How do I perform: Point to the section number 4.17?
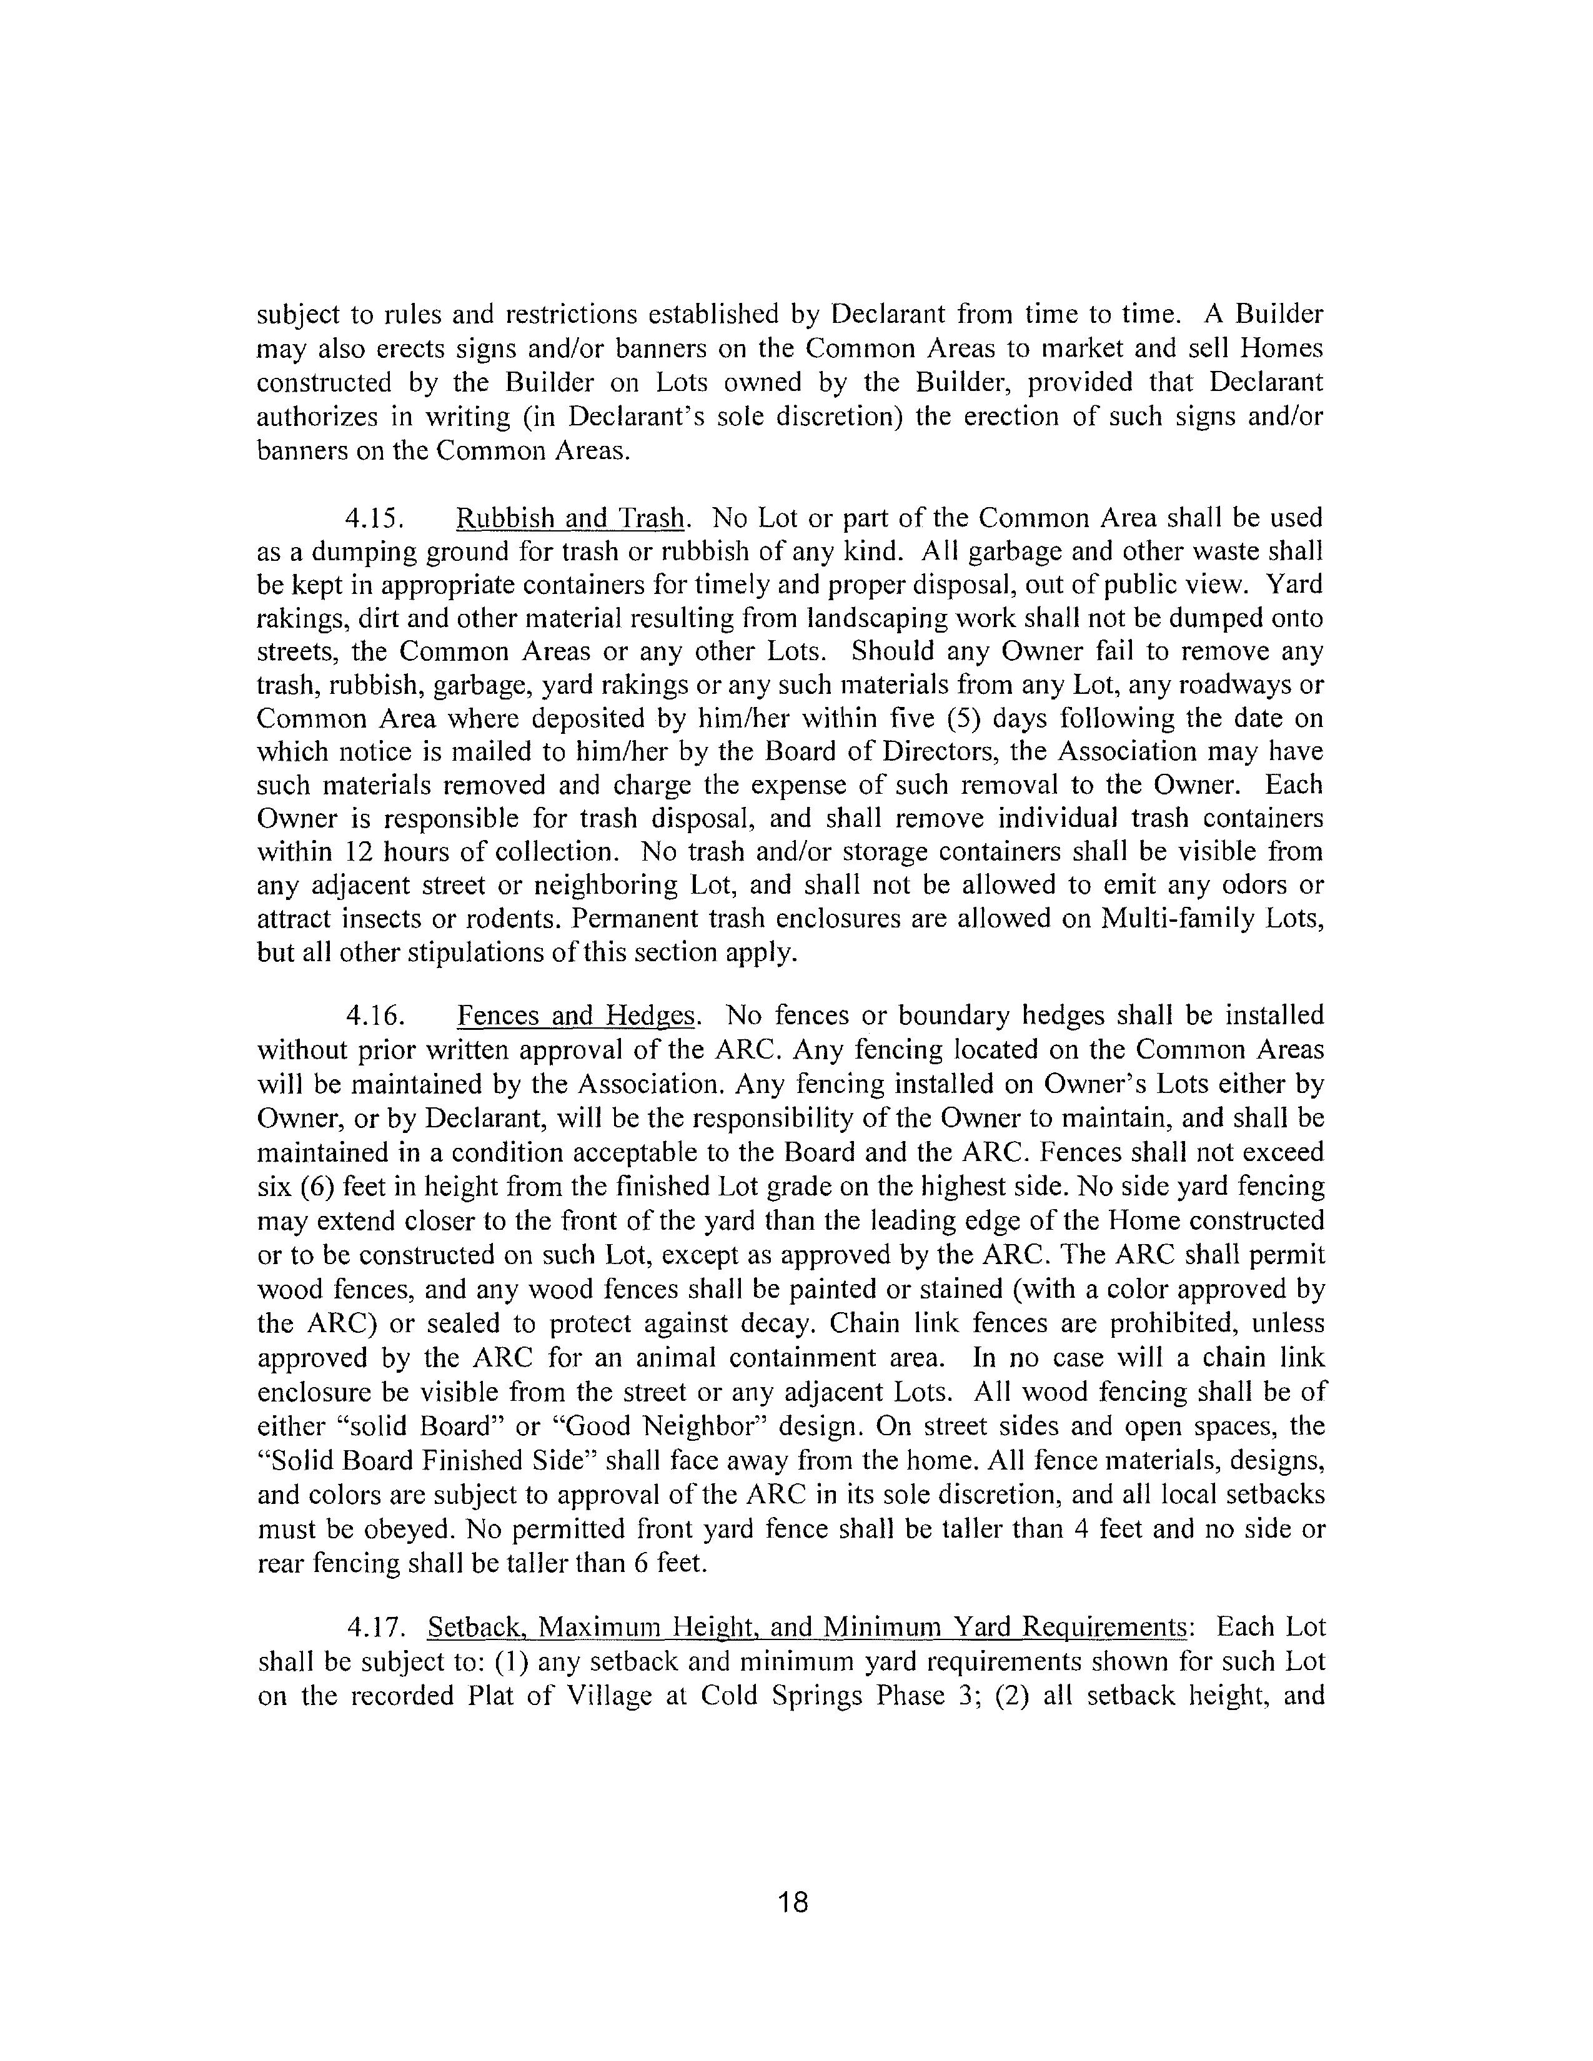(375, 1627)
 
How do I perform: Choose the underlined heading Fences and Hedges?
(578, 1016)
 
